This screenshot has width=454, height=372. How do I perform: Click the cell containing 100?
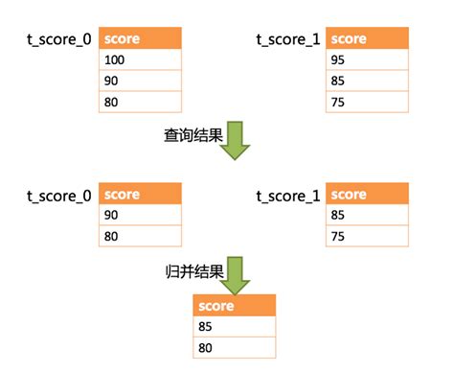(x=140, y=60)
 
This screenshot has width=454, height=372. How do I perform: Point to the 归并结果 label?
(x=193, y=271)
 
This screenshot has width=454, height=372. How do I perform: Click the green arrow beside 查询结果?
(x=238, y=137)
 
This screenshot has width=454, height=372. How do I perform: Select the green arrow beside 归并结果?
(x=238, y=273)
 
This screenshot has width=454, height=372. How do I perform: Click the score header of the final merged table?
(x=235, y=307)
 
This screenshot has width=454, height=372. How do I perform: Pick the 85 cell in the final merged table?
(x=235, y=328)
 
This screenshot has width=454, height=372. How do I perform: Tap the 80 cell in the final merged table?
(x=235, y=348)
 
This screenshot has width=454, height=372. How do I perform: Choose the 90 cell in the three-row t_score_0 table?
(x=140, y=81)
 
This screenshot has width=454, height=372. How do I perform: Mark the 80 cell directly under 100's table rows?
(x=140, y=102)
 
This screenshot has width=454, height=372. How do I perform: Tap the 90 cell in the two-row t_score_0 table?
(x=140, y=216)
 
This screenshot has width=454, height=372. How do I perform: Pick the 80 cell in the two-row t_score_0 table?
(x=140, y=237)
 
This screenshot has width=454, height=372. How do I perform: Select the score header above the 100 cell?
(x=140, y=39)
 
